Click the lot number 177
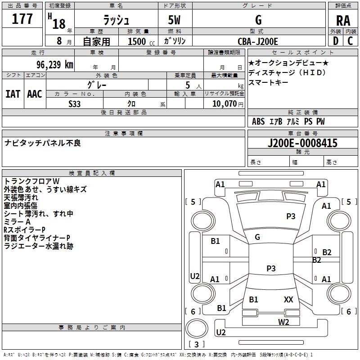[x=22, y=18]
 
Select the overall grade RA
[x=343, y=21]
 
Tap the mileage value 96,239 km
[x=55, y=65]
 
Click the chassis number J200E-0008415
[x=302, y=143]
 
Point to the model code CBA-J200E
[x=258, y=41]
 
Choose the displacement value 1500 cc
[x=141, y=41]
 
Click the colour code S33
[x=74, y=104]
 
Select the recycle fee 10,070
[x=224, y=103]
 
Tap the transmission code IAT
[x=13, y=94]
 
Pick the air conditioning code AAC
[x=35, y=94]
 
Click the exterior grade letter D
[x=336, y=41]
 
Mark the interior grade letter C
[x=350, y=41]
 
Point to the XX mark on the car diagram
[x=288, y=299]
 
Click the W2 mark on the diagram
[x=283, y=322]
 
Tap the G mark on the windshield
[x=257, y=237]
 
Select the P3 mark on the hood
[x=291, y=216]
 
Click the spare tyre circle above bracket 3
[x=197, y=328]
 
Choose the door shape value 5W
[x=174, y=20]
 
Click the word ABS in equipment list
[x=258, y=121]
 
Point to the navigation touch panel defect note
[x=43, y=143]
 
